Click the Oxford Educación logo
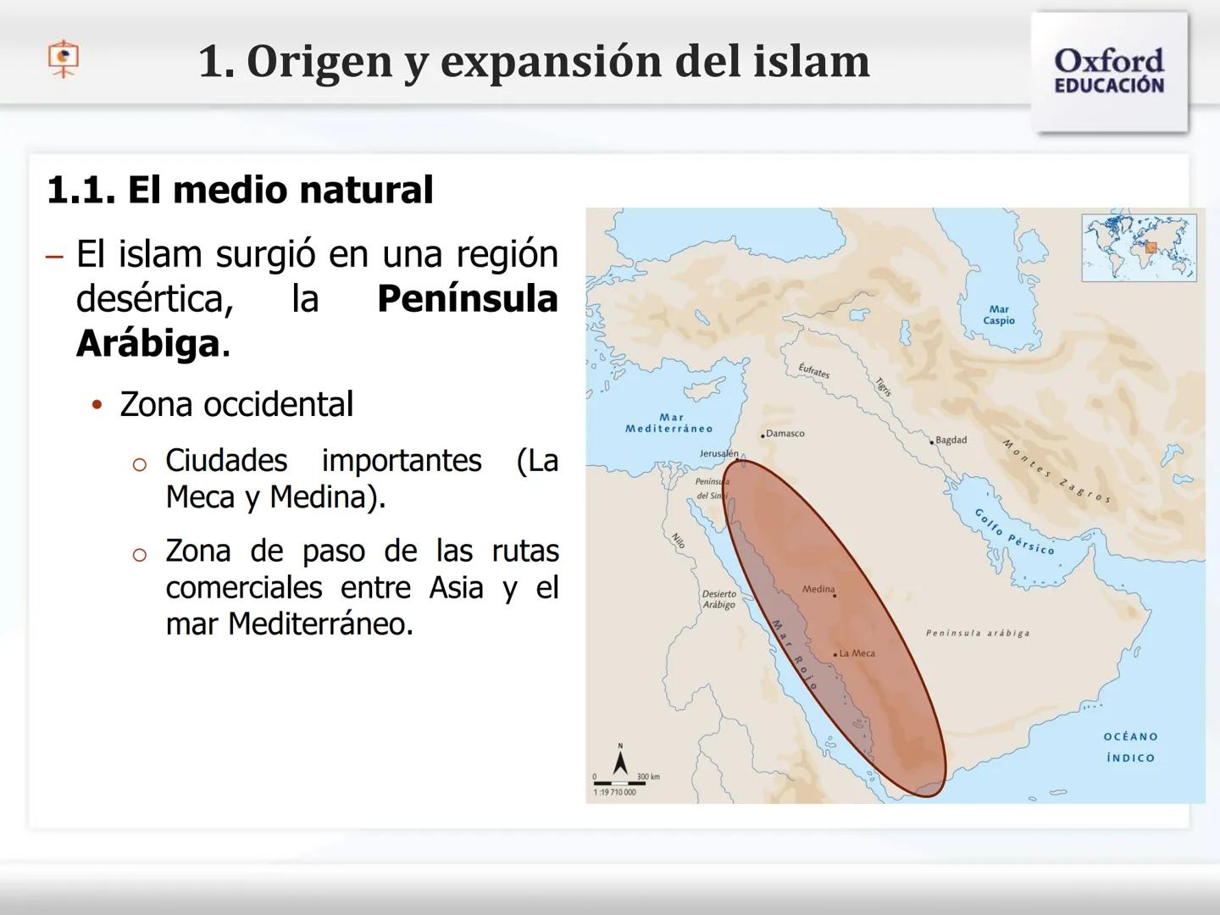pyautogui.click(x=1108, y=71)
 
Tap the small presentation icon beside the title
pyautogui.click(x=63, y=58)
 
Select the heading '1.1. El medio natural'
pyautogui.click(x=240, y=190)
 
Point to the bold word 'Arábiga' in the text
pyautogui.click(x=148, y=344)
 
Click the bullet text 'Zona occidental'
pyautogui.click(x=236, y=404)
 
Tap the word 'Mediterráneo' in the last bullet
pyautogui.click(x=320, y=624)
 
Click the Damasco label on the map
pyautogui.click(x=785, y=434)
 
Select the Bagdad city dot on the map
pyautogui.click(x=932, y=441)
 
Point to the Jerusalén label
pyautogui.click(x=718, y=454)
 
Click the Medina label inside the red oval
pyautogui.click(x=818, y=589)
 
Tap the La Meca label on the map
pyautogui.click(x=857, y=653)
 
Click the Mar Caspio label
pyautogui.click(x=999, y=315)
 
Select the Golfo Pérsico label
pyautogui.click(x=1014, y=532)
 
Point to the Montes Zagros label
pyautogui.click(x=1056, y=471)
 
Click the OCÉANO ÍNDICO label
pyautogui.click(x=1130, y=747)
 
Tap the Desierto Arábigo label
pyautogui.click(x=718, y=599)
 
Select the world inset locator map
pyautogui.click(x=1139, y=247)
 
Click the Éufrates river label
pyautogui.click(x=813, y=370)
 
